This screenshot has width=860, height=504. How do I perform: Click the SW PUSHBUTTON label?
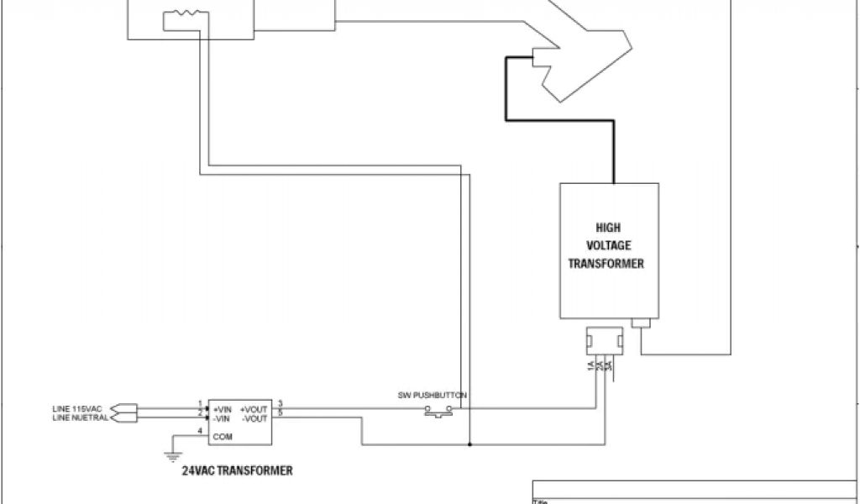pyautogui.click(x=433, y=395)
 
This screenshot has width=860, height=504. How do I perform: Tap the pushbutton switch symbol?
pyautogui.click(x=438, y=411)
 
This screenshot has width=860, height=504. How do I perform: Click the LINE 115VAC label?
pyautogui.click(x=76, y=408)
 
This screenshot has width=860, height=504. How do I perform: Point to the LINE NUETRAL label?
pyautogui.click(x=80, y=417)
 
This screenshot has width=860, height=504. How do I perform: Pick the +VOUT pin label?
pyautogui.click(x=254, y=407)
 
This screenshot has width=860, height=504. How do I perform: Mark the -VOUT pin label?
pyautogui.click(x=255, y=417)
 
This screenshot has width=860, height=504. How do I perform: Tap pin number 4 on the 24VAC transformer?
pyautogui.click(x=199, y=432)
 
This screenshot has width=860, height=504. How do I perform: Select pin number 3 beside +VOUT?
pyautogui.click(x=280, y=403)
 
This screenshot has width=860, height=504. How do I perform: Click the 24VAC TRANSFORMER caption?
pyautogui.click(x=237, y=471)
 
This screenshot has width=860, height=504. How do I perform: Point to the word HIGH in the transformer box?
pyautogui.click(x=608, y=227)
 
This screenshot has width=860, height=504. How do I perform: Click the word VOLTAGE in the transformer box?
pyautogui.click(x=608, y=245)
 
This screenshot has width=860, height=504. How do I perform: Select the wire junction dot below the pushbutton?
pyautogui.click(x=469, y=444)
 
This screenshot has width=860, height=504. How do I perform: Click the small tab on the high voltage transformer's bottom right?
pyautogui.click(x=643, y=323)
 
